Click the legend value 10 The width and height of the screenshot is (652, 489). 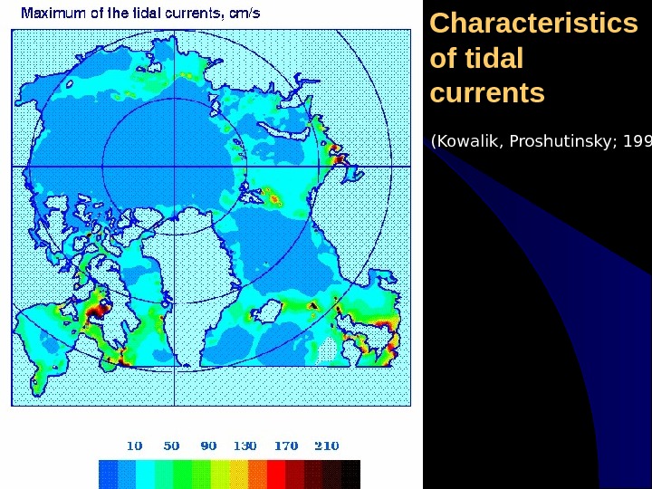point(134,446)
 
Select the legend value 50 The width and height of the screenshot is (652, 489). point(171,446)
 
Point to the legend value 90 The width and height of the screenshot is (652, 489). point(208,446)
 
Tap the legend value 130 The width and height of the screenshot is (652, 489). point(245,446)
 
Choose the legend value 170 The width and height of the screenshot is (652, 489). point(286,446)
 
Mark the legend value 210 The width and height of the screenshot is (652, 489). point(326,446)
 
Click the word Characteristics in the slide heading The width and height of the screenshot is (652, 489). point(533,24)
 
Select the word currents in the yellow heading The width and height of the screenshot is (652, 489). point(487,93)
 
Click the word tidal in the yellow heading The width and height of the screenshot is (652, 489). point(493,59)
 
